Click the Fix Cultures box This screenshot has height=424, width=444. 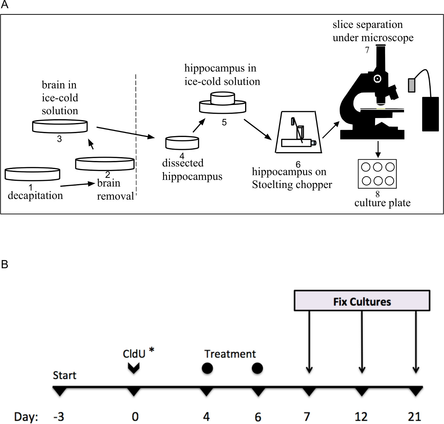(x=362, y=301)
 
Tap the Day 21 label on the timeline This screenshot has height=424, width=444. (x=414, y=417)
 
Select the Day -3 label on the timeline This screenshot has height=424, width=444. (x=59, y=417)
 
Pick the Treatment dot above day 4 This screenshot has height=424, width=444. (x=207, y=368)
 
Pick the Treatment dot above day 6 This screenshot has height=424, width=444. (x=257, y=368)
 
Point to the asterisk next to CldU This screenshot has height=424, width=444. (x=152, y=350)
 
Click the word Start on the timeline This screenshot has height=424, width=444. (x=65, y=375)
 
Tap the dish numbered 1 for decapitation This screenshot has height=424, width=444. (x=33, y=174)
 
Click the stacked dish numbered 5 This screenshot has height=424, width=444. (x=223, y=103)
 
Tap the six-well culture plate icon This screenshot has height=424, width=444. (x=377, y=174)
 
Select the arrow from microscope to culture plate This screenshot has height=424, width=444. (x=378, y=149)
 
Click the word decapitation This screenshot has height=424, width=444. (x=35, y=196)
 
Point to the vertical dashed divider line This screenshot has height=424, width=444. (x=136, y=133)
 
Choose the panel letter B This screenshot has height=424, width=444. (x=4, y=264)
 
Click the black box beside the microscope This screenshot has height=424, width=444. (x=430, y=114)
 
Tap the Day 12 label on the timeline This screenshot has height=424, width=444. (x=361, y=417)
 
